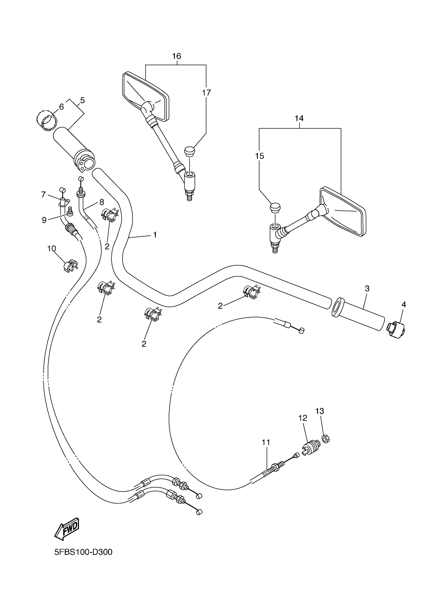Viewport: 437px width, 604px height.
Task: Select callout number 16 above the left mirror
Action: coord(176,56)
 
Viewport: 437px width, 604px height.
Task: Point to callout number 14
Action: coord(299,118)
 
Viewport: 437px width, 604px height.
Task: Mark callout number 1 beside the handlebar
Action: coord(155,235)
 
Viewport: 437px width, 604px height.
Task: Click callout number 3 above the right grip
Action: coord(367,289)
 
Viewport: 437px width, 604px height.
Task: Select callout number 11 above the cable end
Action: coord(266,442)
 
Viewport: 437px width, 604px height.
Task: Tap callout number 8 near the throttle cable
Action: coord(102,202)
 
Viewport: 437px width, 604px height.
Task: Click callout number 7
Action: coord(43,195)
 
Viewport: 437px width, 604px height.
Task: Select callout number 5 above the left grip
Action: coord(82,100)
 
